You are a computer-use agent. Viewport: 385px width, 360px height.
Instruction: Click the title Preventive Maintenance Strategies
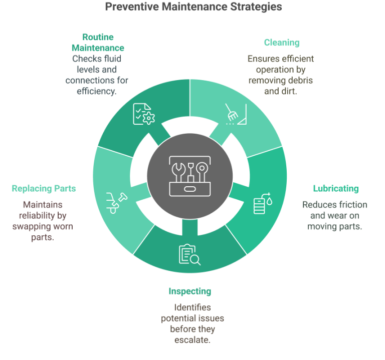(193, 7)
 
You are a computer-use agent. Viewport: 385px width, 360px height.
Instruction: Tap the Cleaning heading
(281, 43)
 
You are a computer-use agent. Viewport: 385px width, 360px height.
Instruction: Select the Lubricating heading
(335, 189)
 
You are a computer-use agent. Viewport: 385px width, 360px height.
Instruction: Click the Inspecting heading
(190, 291)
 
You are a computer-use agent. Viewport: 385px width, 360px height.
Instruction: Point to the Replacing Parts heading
(44, 189)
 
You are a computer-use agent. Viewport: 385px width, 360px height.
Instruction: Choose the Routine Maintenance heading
(97, 43)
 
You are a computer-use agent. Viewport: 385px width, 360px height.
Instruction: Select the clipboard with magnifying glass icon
(189, 254)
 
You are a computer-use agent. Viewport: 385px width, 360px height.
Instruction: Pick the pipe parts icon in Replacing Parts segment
(115, 202)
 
